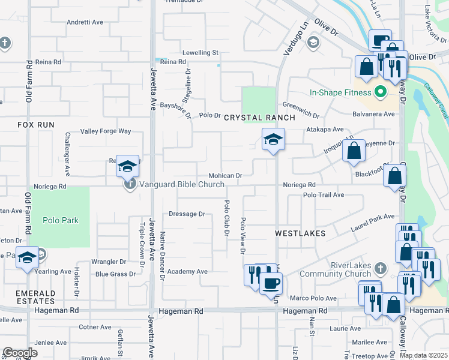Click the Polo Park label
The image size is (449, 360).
pos(61,220)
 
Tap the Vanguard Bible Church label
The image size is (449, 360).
pos(182,184)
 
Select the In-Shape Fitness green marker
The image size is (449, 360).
pos(379,92)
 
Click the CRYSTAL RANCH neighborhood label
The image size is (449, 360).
pos(260,118)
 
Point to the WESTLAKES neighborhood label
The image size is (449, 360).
pos(300,233)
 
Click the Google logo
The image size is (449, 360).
pos(20,353)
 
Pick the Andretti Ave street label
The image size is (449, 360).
pos(85,22)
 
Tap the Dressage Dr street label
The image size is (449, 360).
pos(187,214)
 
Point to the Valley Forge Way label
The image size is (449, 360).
pos(106,131)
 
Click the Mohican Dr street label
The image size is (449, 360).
pos(225,176)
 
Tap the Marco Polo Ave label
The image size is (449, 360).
pos(313,298)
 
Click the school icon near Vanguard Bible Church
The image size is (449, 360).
pos(127,166)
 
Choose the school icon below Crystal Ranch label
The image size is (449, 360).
pos(273,140)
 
